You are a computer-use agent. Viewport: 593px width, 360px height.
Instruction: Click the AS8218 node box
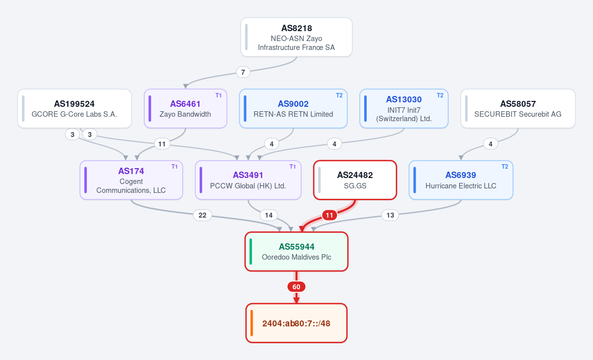pos(296,37)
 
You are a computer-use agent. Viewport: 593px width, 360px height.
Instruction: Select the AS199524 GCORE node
pos(75,109)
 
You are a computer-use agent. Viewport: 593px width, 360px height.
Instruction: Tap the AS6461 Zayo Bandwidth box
pos(185,109)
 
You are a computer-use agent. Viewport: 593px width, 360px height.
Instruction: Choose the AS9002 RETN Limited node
pos(293,109)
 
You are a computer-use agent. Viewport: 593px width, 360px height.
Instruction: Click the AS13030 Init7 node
pos(404,109)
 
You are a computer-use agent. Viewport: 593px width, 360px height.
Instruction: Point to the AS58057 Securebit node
pos(518,109)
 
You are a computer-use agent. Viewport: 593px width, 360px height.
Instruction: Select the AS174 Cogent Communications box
pos(131,180)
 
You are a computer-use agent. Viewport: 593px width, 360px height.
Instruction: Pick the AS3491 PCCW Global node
pos(248,180)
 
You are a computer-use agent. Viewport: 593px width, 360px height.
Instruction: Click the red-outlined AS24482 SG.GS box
pos(355,180)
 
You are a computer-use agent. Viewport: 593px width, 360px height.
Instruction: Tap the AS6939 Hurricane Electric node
pos(461,180)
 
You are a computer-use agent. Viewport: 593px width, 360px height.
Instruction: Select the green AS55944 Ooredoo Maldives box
pos(296,251)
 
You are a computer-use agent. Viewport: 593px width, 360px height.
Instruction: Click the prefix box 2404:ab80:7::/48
pos(296,323)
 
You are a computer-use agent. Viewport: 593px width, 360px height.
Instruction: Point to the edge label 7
pos(243,72)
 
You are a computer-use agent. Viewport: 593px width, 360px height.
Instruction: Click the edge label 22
pos(203,215)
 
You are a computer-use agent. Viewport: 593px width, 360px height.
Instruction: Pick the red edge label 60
pos(296,287)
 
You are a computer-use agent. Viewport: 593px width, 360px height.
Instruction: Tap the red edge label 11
pos(329,215)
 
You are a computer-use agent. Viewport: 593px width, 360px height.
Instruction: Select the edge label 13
pos(390,215)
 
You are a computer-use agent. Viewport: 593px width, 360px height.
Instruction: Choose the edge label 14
pos(269,215)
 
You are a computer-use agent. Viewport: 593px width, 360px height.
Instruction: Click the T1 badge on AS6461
pos(218,95)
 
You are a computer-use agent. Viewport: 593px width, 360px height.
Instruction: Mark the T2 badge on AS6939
pos(505,167)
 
